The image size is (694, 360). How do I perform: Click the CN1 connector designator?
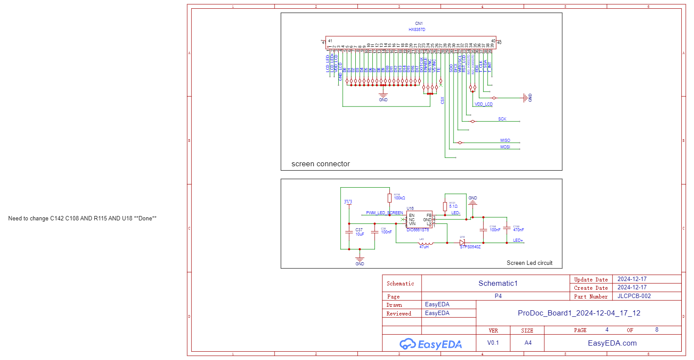click(x=419, y=24)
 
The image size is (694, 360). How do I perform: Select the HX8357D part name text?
click(x=417, y=30)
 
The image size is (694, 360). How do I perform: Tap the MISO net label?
click(x=505, y=141)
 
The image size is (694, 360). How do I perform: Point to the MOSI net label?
click(x=505, y=147)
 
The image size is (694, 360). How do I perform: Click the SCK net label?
click(x=502, y=119)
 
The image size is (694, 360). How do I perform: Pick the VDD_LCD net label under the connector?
click(x=483, y=104)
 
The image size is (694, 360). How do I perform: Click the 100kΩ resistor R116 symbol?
click(x=389, y=198)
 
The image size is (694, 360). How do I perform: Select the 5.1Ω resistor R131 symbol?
click(x=445, y=206)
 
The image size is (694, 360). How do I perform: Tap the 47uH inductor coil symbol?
click(x=426, y=243)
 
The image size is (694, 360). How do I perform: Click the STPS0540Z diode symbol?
click(x=462, y=243)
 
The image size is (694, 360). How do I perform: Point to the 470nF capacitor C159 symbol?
click(x=507, y=228)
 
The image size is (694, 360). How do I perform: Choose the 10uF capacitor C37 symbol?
click(x=349, y=232)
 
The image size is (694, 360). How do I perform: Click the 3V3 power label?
click(x=348, y=202)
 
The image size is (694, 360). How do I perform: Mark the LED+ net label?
click(x=518, y=240)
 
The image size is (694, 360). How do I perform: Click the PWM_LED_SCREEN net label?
click(x=384, y=213)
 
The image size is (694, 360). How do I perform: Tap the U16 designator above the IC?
click(x=410, y=209)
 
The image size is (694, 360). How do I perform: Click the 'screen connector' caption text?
click(x=320, y=164)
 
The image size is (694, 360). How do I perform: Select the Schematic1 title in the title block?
click(x=498, y=284)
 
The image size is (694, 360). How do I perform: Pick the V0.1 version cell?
click(x=493, y=343)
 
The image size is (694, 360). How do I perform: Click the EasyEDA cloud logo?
click(x=408, y=344)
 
